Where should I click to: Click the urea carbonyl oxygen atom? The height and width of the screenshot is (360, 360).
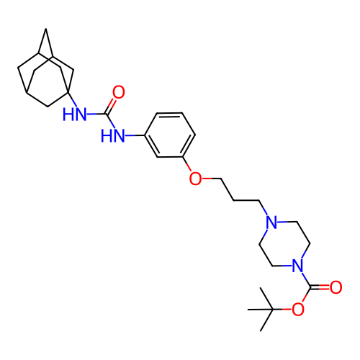click(119, 92)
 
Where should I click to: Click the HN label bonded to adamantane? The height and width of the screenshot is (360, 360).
click(74, 114)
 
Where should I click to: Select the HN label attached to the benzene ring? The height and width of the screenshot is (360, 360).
click(113, 135)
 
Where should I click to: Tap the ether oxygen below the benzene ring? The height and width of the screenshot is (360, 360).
click(195, 179)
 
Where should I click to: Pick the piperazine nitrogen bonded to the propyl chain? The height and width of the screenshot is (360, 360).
click(271, 222)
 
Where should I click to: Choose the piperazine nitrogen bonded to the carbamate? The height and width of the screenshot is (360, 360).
click(297, 266)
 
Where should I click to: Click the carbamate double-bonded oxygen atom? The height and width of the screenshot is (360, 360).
click(336, 287)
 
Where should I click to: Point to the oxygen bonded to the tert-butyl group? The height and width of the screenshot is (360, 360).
click(298, 309)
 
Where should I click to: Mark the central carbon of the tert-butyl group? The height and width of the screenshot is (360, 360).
click(273, 310)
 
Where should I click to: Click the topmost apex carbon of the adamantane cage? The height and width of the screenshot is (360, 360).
click(46, 29)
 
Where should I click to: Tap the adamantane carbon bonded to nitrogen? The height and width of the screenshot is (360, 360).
click(68, 92)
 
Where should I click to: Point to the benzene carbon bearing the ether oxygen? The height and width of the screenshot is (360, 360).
click(183, 157)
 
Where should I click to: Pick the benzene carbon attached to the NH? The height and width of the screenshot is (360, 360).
click(145, 135)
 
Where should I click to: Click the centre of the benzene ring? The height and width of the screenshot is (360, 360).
click(170, 135)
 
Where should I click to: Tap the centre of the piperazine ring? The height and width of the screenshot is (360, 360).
click(284, 243)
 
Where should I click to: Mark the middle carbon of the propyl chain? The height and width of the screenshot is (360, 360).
click(233, 200)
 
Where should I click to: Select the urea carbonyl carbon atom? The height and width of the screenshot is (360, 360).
click(106, 114)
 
